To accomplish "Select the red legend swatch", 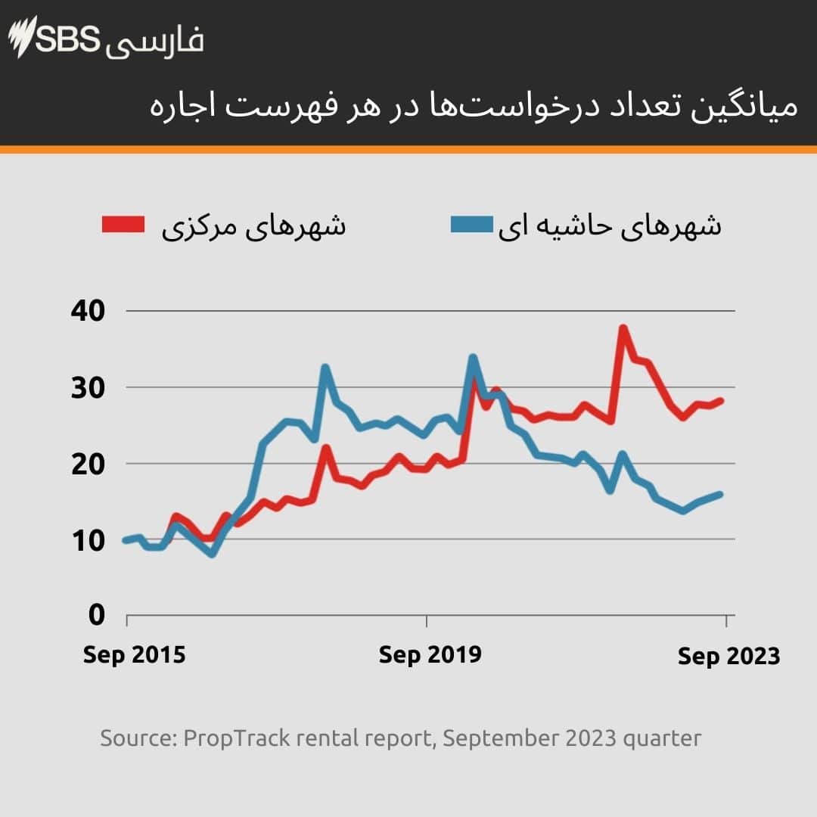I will (x=123, y=225).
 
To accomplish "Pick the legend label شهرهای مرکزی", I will (x=253, y=225).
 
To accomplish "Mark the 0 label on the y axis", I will (x=96, y=616).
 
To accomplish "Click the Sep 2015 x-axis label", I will (x=134, y=654).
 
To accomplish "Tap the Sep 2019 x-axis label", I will (x=430, y=654).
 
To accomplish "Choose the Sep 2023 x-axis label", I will (x=728, y=657).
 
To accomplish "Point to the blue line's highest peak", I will (x=473, y=357).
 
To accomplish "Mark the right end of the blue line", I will (x=720, y=494).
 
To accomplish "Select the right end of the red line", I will (x=721, y=400).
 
